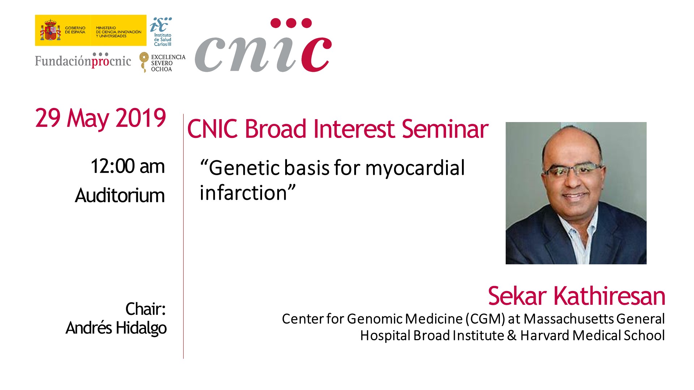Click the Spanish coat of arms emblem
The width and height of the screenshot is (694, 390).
coord(50,30)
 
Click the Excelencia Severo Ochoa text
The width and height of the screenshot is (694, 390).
coord(168,63)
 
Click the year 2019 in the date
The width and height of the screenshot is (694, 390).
coord(141,118)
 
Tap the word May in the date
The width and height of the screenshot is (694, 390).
coord(88,119)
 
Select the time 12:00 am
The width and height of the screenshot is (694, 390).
coord(128,166)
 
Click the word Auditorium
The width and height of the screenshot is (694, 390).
coord(120,196)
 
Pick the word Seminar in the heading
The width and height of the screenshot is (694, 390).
coord(445,129)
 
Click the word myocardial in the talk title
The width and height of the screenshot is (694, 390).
coord(415,169)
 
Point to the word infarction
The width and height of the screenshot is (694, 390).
coord(244,192)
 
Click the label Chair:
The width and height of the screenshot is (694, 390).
coord(145,309)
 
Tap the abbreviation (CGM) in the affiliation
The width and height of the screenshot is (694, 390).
coord(485,319)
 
